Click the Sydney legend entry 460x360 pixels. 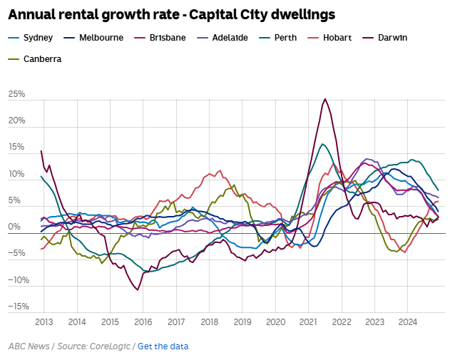[31, 38]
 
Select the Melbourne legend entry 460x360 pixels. [93, 38]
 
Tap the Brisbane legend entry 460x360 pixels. [160, 38]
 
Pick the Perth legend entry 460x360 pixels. [278, 38]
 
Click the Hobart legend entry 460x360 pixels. [329, 38]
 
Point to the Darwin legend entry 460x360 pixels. [385, 38]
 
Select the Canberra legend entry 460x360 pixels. [35, 59]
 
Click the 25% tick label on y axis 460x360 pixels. [16, 94]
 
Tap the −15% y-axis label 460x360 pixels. [19, 307]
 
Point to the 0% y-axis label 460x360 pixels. [14, 227]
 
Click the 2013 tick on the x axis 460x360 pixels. [44, 322]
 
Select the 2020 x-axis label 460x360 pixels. [276, 322]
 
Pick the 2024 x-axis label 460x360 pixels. [408, 322]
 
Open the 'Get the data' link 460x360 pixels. [163, 346]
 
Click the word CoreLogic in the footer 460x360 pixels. [110, 346]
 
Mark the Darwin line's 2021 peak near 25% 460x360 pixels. [324, 99]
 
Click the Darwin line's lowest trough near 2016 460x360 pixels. [138, 290]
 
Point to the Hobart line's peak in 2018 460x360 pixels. [220, 170]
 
